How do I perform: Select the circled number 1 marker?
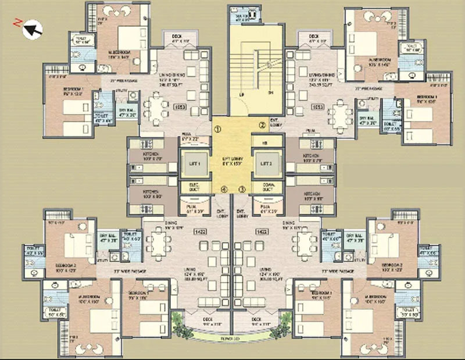tap(217, 129)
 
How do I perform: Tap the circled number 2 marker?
tap(262, 124)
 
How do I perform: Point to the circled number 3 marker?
tap(242, 189)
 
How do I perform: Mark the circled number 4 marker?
tap(223, 189)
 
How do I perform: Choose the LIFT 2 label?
tap(267, 165)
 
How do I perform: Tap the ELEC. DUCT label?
tap(195, 187)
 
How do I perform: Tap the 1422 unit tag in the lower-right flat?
tap(260, 231)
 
